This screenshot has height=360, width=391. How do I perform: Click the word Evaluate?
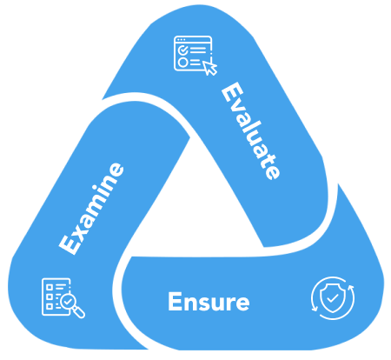(x=251, y=130)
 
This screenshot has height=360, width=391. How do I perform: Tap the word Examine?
(x=91, y=209)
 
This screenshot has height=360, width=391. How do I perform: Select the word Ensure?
(x=209, y=302)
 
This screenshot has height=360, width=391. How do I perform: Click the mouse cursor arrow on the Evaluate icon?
(x=210, y=68)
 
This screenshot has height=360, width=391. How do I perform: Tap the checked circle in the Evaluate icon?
(x=182, y=50)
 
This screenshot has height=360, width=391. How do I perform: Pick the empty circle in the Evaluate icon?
(x=182, y=63)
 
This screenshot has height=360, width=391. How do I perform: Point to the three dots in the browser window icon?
(x=181, y=39)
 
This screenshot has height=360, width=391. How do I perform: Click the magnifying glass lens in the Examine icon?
(x=69, y=302)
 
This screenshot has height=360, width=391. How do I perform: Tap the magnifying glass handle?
(x=79, y=313)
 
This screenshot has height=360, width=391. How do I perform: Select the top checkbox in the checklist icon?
(x=50, y=287)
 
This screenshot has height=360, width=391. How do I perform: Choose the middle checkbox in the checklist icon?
(x=50, y=297)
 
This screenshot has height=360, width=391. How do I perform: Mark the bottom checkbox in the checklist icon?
(x=50, y=306)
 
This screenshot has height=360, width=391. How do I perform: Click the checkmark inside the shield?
(x=333, y=297)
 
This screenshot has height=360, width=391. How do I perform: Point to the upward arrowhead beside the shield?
(x=351, y=288)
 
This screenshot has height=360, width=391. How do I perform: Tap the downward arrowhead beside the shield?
(x=315, y=309)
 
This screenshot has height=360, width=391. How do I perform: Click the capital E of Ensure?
(x=175, y=302)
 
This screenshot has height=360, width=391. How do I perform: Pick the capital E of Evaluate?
(x=232, y=92)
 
